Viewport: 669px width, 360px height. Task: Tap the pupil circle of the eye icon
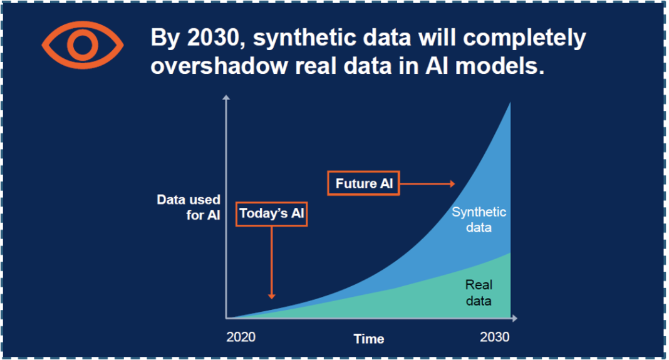[x=83, y=45]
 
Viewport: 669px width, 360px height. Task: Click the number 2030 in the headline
[x=213, y=38]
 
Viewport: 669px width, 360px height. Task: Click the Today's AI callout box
[x=271, y=213]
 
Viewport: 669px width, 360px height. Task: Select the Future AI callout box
[x=363, y=183]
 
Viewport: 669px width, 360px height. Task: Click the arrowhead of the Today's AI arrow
[x=271, y=296]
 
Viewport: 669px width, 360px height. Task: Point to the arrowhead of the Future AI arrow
[x=452, y=183]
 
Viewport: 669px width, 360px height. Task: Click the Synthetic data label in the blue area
[x=479, y=219]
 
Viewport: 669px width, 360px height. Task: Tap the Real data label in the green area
[x=479, y=292]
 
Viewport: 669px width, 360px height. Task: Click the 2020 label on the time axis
[x=241, y=337]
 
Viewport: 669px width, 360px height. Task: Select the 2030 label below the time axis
[x=494, y=337]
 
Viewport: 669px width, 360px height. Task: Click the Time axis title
[x=368, y=339]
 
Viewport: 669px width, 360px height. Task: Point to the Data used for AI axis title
[x=189, y=207]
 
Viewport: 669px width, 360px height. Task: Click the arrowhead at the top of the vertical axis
[x=226, y=98]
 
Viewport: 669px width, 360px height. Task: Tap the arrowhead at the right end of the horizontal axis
[x=514, y=318]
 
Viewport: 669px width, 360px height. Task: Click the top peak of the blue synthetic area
[x=510, y=103]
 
